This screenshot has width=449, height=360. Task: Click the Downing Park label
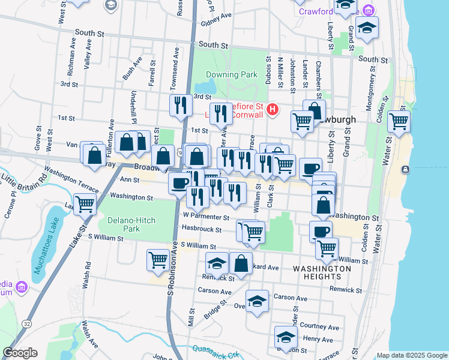tap(232, 75)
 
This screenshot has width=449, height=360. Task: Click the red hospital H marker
tap(273, 110)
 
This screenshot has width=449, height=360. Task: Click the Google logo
tap(20, 353)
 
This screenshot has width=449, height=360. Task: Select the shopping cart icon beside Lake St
tap(85, 204)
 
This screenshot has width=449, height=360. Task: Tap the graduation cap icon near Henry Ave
tap(286, 336)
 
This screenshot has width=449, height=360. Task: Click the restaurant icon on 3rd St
tap(181, 106)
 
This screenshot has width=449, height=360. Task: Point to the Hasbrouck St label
tap(202, 230)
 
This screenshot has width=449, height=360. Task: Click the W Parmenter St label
tap(206, 217)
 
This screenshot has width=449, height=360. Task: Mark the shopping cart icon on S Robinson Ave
tap(158, 260)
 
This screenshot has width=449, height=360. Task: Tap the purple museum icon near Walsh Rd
tap(22, 287)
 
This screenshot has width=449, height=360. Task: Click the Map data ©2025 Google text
tap(412, 355)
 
